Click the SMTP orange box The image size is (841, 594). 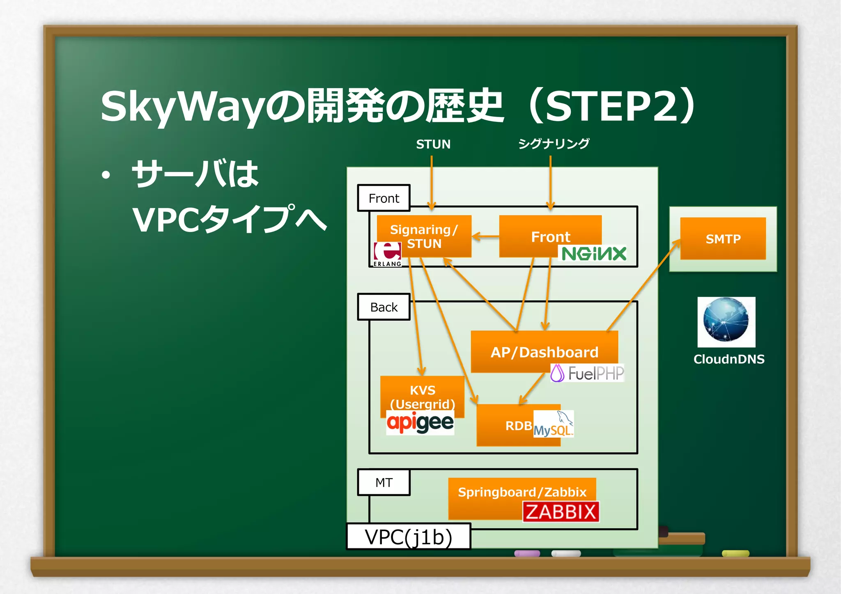(x=723, y=239)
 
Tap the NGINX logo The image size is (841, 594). (x=594, y=254)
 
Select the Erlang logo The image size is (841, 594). (x=387, y=254)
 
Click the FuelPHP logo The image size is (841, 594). (x=587, y=373)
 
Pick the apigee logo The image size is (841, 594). (x=420, y=423)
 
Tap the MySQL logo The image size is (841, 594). (x=554, y=424)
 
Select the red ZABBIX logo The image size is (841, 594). (x=561, y=512)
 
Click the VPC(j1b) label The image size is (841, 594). (x=408, y=537)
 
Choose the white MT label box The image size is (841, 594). (x=384, y=482)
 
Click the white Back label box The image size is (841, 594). (x=384, y=307)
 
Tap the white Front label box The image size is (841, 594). (x=384, y=198)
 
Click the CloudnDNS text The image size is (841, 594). (x=729, y=359)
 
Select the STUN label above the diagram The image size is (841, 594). (x=433, y=144)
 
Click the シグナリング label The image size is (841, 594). (x=554, y=144)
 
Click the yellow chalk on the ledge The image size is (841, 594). (x=735, y=554)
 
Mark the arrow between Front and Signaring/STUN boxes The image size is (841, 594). (x=485, y=236)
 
